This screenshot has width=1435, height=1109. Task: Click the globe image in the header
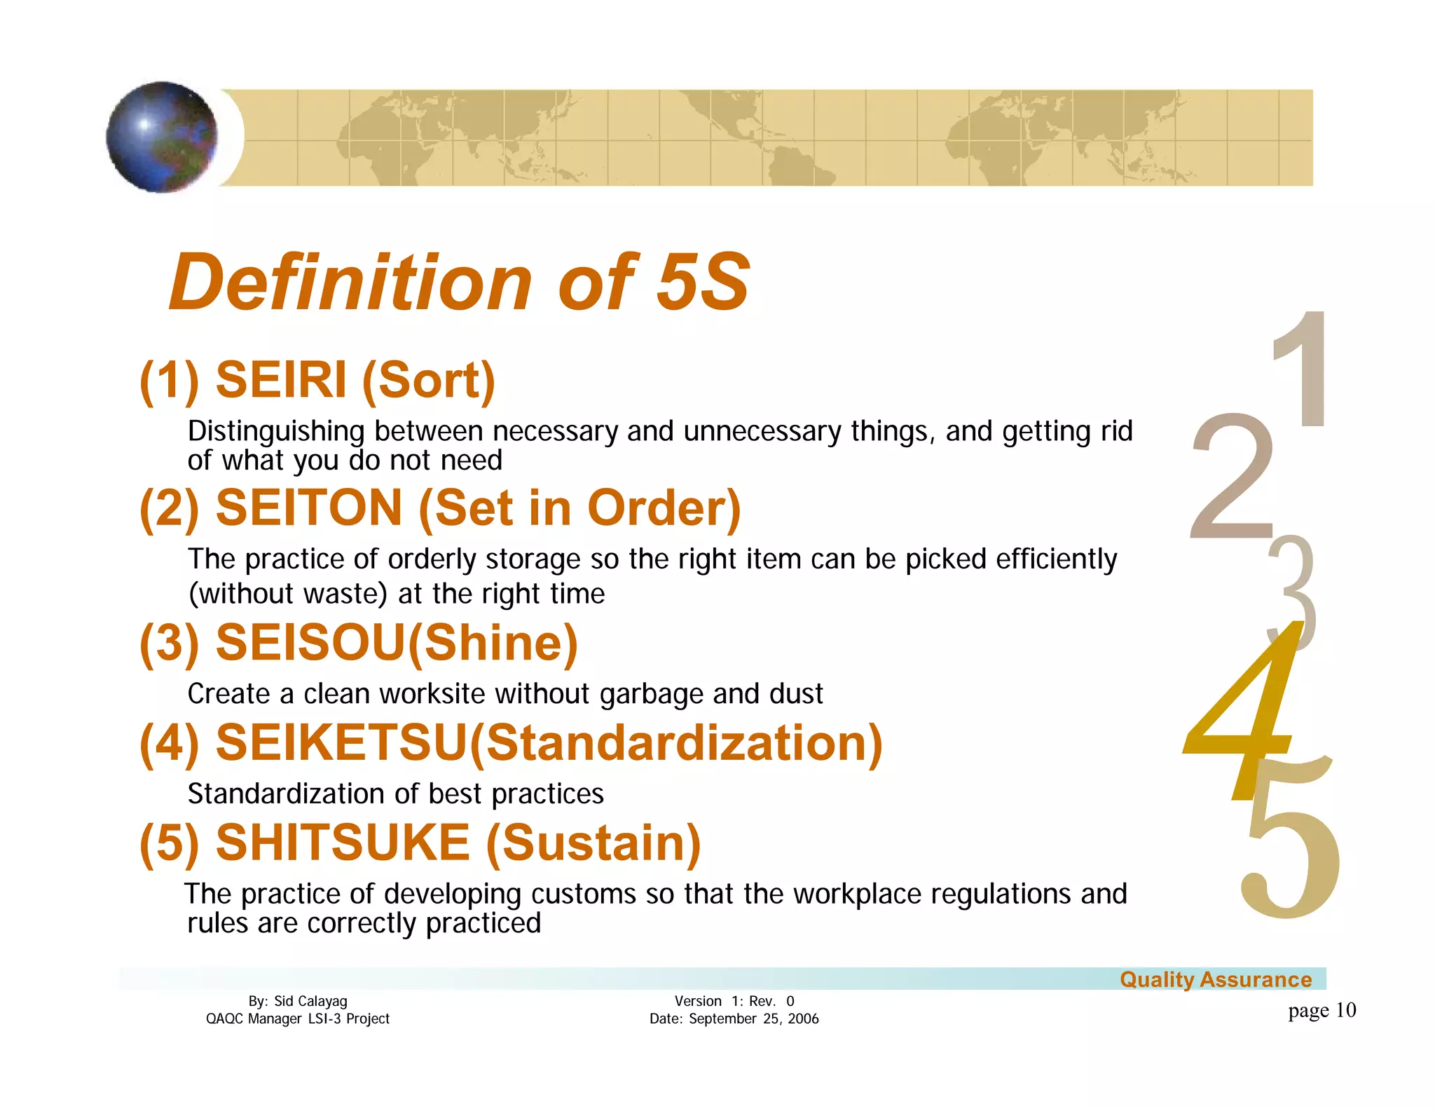click(162, 137)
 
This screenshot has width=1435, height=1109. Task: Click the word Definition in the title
click(350, 283)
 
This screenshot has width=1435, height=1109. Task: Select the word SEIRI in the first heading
click(281, 380)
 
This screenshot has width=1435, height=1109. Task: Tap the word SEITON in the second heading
click(309, 508)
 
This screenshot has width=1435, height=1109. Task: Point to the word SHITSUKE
click(343, 842)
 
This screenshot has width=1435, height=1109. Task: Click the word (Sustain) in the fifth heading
click(593, 843)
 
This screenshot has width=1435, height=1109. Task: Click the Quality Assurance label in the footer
click(1215, 979)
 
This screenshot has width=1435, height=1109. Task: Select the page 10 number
click(1321, 1010)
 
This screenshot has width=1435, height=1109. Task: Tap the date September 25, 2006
click(753, 1019)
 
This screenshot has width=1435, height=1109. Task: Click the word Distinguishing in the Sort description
click(276, 432)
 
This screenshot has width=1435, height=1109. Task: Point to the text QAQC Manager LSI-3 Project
click(297, 1019)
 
